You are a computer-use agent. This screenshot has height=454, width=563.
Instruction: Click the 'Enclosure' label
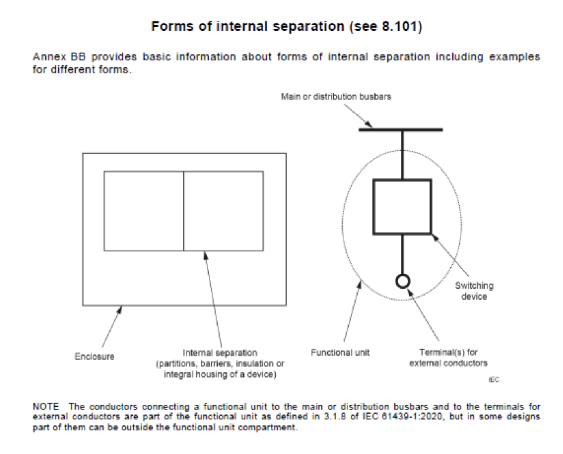94,356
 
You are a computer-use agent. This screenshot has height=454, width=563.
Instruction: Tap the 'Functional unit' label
340,352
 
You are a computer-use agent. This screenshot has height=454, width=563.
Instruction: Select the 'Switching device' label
474,291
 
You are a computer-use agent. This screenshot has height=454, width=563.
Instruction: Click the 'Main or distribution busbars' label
336,96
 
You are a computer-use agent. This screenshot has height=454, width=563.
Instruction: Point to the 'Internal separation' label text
220,352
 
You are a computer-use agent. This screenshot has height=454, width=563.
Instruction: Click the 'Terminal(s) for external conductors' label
448,358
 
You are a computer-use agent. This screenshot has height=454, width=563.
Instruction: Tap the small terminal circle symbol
403,281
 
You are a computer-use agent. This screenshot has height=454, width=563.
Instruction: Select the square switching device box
402,207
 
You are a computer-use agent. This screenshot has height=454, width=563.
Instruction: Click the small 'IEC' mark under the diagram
494,380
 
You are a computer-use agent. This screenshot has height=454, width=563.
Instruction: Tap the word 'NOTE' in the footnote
45,407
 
